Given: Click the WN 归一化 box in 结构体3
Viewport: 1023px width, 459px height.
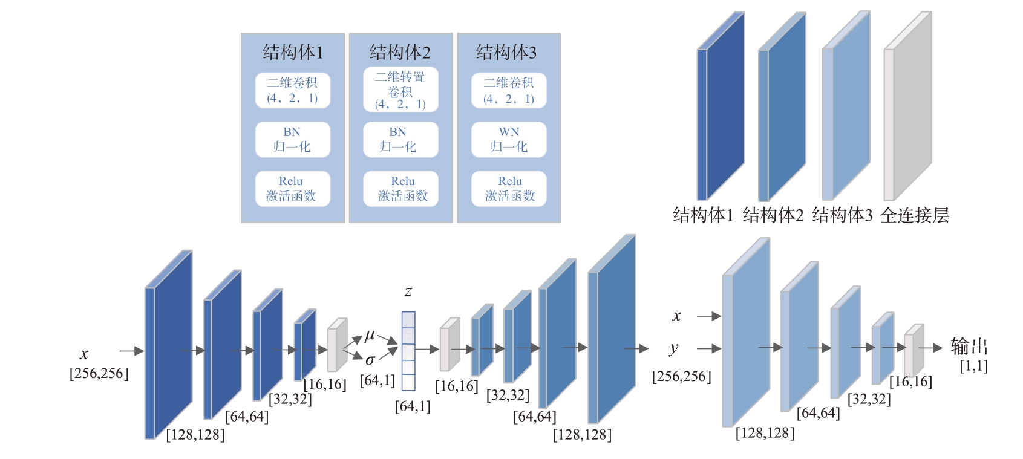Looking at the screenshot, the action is click(x=509, y=140).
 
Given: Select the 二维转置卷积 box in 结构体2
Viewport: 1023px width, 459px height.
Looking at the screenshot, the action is click(x=400, y=90).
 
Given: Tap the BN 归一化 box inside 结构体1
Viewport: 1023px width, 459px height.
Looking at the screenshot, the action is click(x=292, y=140).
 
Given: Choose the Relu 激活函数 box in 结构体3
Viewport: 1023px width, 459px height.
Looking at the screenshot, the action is click(x=509, y=189).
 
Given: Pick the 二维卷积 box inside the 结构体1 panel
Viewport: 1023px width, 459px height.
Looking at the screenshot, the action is click(x=292, y=91).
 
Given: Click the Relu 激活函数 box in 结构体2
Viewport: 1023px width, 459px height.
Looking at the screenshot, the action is click(x=400, y=189).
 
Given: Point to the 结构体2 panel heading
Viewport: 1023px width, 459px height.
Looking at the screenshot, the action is click(x=400, y=53).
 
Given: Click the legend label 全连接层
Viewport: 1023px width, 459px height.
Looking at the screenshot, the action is click(x=915, y=215).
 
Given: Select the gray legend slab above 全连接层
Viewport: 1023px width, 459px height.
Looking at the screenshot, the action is click(x=908, y=106).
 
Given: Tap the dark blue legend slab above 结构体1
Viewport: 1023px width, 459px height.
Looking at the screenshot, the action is click(x=721, y=106).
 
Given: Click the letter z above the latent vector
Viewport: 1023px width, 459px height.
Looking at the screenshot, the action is click(x=408, y=291).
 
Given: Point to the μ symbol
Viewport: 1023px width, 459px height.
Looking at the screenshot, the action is click(x=370, y=336).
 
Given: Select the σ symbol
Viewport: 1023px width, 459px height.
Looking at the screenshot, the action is click(x=370, y=360).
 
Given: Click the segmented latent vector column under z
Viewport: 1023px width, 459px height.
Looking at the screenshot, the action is click(x=408, y=351).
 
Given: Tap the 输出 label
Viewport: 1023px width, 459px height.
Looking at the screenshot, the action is click(x=970, y=347).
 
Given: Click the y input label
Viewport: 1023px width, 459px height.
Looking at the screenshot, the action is click(x=673, y=348).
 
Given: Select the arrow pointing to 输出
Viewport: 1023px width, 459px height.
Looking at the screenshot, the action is click(x=931, y=348).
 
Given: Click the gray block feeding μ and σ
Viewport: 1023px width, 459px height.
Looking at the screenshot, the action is click(x=337, y=345).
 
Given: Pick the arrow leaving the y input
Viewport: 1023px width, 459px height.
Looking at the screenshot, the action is click(x=709, y=349).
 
